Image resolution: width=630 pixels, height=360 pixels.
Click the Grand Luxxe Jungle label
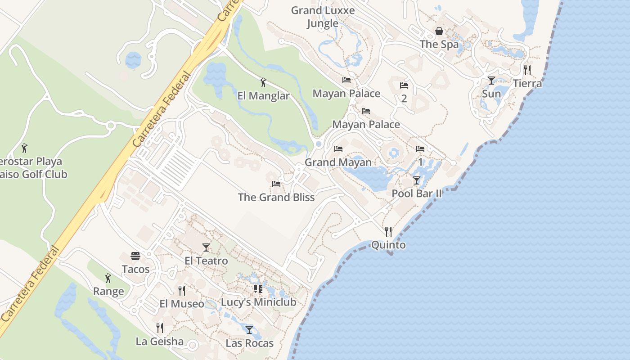click(x=323, y=17)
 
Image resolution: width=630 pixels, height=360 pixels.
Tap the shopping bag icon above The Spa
click(x=439, y=31)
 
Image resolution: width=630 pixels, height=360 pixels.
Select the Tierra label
click(x=527, y=84)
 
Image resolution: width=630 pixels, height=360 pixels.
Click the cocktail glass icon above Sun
click(x=491, y=81)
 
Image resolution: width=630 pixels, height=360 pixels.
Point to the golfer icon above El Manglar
click(x=263, y=82)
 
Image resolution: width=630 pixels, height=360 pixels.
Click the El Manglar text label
click(x=263, y=96)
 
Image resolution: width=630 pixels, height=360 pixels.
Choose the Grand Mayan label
click(x=338, y=162)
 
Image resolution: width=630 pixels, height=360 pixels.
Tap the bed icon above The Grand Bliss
click(x=276, y=184)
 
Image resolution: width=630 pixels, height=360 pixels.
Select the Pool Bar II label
click(x=417, y=193)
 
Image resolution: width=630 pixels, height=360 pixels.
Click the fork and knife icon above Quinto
click(x=388, y=232)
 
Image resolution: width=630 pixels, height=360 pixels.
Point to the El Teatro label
click(x=206, y=261)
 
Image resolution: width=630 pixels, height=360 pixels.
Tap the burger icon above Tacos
click(x=135, y=256)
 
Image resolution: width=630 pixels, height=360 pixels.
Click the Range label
click(x=108, y=292)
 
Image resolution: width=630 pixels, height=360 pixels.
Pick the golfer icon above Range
click(x=108, y=278)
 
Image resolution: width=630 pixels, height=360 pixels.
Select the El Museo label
click(x=182, y=304)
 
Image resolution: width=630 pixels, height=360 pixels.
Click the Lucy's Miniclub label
click(x=258, y=302)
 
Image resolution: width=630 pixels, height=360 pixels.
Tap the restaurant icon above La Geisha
click(x=160, y=328)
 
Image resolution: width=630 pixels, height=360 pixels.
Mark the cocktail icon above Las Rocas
click(x=249, y=329)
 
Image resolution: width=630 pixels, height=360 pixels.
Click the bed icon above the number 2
click(x=404, y=85)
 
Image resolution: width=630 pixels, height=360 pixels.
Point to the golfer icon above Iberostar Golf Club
click(x=25, y=148)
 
